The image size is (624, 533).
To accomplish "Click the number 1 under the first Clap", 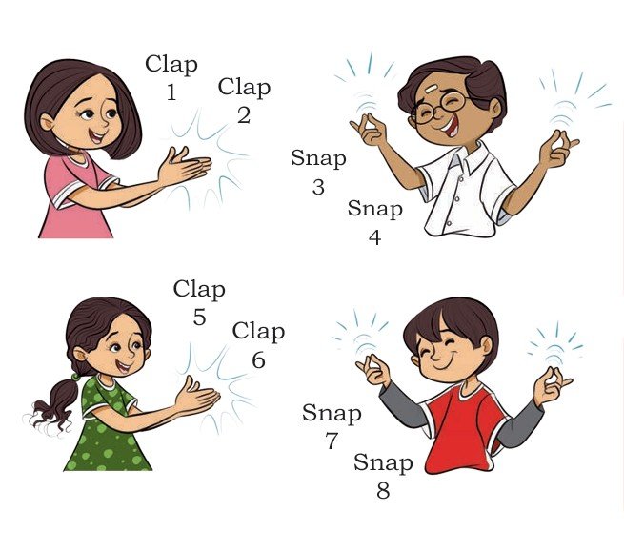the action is pos(171,92).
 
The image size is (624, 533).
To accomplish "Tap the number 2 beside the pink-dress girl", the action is pos(244,115).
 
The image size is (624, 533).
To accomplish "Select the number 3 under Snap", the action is pos(318,187).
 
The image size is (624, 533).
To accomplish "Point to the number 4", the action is pos(375,237).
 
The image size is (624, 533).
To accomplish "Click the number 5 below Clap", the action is pos(200,318).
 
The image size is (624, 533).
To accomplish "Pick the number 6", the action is pos(258,359).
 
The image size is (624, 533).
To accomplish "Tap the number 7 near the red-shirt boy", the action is pos(332,441).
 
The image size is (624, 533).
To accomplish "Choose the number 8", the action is pos(383,490).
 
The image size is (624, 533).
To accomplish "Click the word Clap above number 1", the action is pos(171,65).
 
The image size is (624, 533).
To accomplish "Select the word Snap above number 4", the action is pos(375,209).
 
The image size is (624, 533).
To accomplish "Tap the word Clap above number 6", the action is pos(258,332).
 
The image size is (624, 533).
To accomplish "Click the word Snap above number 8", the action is pos(383,462).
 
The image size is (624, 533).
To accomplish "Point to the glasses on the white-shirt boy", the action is pos(438,106).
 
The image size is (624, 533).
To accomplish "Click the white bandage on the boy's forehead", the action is pos(431,89).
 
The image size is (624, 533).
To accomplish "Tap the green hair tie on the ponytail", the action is pos(75,376).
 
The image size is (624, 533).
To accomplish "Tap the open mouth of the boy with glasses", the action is pos(452,127).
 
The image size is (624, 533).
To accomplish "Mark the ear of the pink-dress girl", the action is pos(47,122).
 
